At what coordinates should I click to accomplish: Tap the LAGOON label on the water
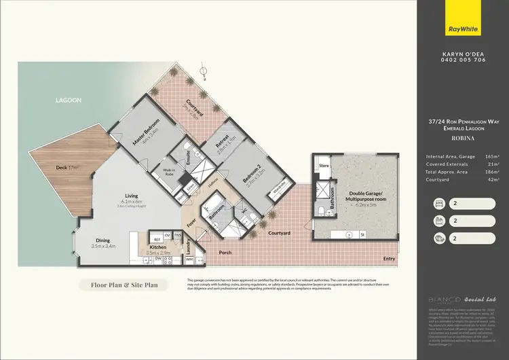69,100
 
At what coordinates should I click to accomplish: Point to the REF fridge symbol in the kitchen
155,240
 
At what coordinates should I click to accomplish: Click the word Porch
225,253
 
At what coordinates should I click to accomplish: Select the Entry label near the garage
389,258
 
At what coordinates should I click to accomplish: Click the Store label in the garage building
324,165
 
